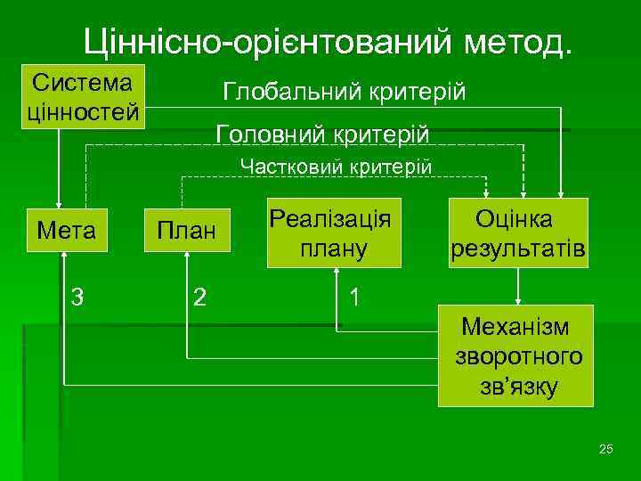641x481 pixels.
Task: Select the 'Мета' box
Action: point(67,231)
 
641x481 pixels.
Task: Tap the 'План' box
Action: point(187,231)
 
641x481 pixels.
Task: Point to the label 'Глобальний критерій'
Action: point(344,92)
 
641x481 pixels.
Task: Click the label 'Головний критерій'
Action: point(322,135)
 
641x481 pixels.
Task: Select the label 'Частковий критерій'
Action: point(337,167)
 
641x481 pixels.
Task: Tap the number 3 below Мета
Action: point(78,297)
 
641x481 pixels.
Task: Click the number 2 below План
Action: point(200,297)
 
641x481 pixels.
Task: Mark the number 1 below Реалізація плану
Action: point(355,297)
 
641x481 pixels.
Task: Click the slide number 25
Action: point(606,448)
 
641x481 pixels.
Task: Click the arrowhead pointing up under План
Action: point(187,257)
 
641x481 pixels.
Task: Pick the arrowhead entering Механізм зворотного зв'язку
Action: point(518,300)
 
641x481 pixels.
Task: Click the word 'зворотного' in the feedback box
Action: point(519,357)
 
